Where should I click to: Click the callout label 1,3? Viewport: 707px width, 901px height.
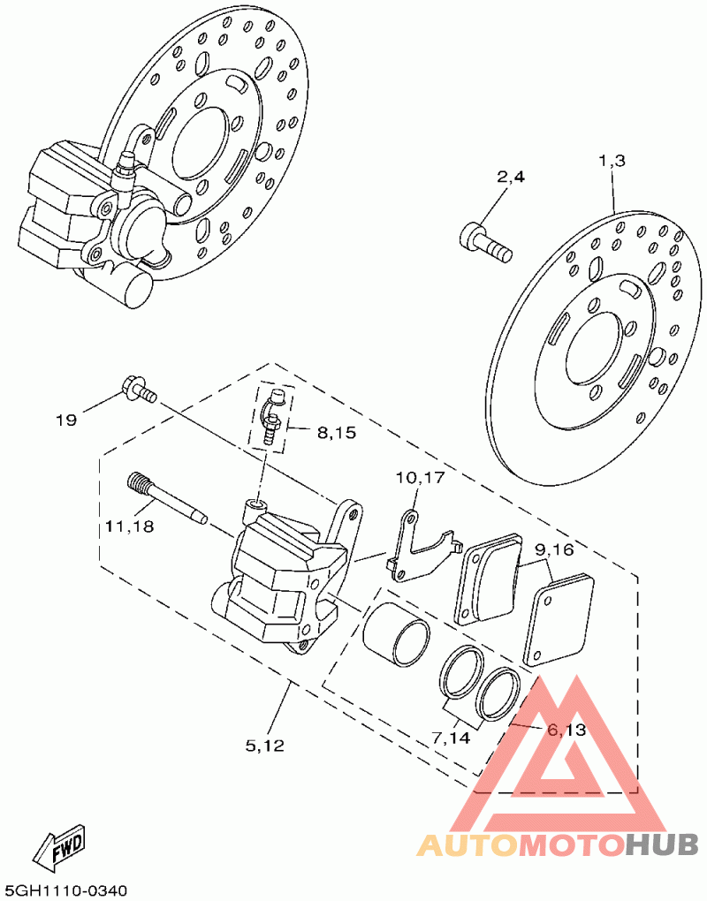(612, 161)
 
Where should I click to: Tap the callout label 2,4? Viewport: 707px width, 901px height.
(511, 178)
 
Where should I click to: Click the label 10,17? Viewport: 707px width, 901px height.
(420, 478)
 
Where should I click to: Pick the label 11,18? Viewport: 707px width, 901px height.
(129, 526)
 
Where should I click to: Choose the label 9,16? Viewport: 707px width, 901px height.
(554, 550)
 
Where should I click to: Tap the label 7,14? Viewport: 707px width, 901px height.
(451, 737)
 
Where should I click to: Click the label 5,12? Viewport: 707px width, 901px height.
(265, 746)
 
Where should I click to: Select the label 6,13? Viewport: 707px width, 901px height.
(566, 730)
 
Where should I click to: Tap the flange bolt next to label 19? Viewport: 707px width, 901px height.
(137, 390)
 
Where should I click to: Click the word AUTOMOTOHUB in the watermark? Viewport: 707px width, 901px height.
(558, 845)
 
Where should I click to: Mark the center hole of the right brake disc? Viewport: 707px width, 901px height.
(597, 352)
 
